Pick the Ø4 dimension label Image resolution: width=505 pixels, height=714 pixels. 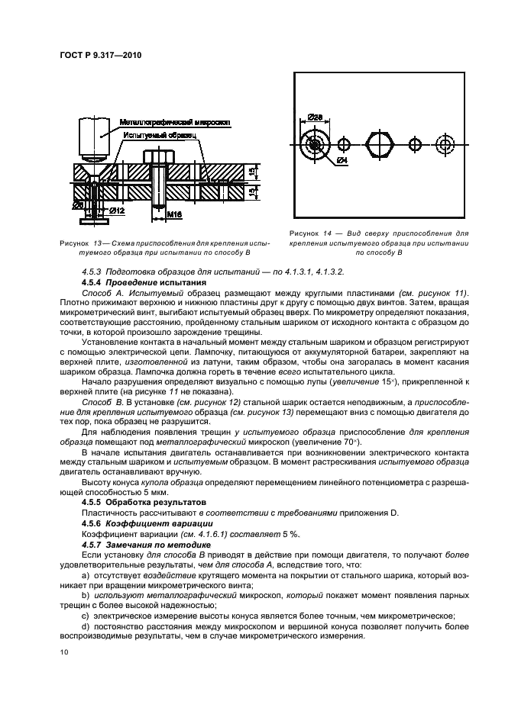342,162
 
